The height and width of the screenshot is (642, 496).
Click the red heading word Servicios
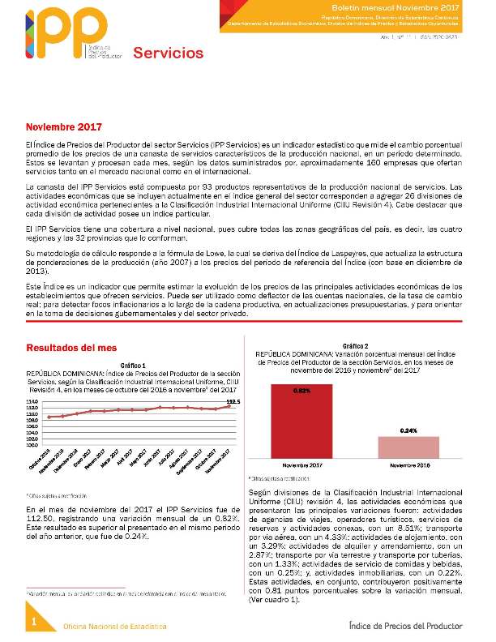click(x=168, y=53)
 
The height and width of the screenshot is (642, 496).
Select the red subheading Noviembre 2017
click(x=64, y=127)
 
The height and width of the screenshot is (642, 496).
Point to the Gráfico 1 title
click(x=132, y=366)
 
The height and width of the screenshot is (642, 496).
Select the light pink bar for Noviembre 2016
click(x=408, y=448)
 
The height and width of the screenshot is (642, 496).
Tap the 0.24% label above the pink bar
click(x=408, y=430)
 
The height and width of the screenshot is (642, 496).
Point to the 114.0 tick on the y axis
click(x=32, y=401)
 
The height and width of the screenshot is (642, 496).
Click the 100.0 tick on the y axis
click(x=32, y=444)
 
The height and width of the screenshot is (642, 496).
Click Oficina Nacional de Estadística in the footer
click(x=116, y=627)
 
